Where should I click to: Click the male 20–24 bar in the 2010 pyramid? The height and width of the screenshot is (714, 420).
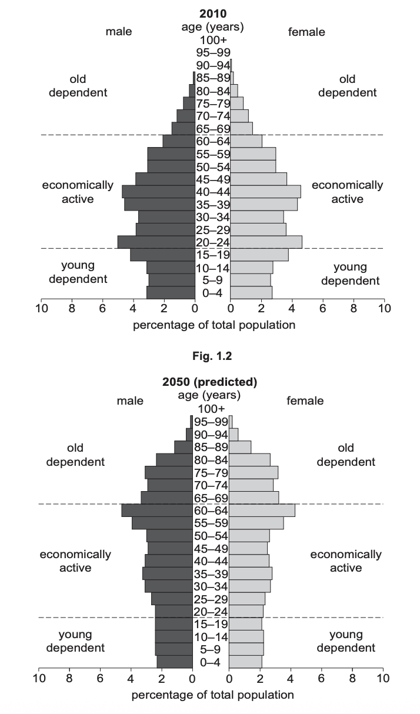click(156, 242)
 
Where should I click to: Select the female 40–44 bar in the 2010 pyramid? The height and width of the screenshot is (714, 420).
click(265, 192)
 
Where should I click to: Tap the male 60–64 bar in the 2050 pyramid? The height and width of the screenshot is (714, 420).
click(157, 511)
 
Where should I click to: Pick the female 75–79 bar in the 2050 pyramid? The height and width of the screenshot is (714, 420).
click(253, 472)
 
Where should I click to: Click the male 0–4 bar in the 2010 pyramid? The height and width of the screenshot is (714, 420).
click(171, 292)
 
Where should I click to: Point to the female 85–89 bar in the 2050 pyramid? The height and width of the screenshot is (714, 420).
click(239, 447)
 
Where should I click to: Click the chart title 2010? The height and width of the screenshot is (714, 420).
click(212, 13)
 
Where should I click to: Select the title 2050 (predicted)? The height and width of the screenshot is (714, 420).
click(210, 382)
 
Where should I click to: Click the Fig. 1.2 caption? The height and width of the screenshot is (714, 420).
click(211, 355)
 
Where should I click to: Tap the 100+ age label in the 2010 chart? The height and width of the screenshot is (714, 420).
click(213, 40)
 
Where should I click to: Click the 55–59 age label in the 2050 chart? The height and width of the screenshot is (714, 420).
click(211, 523)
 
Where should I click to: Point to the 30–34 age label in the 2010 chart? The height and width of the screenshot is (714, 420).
click(212, 217)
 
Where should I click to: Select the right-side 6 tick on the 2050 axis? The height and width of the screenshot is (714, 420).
click(321, 678)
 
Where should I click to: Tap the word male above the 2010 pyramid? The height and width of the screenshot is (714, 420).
click(119, 32)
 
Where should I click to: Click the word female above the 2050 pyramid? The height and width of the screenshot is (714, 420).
click(305, 401)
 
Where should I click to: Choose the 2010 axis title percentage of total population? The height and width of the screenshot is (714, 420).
click(214, 325)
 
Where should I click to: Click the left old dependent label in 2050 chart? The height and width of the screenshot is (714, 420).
click(75, 455)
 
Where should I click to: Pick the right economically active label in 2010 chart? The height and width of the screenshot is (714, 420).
click(347, 192)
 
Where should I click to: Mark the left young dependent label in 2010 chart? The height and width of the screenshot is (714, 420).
click(78, 272)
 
